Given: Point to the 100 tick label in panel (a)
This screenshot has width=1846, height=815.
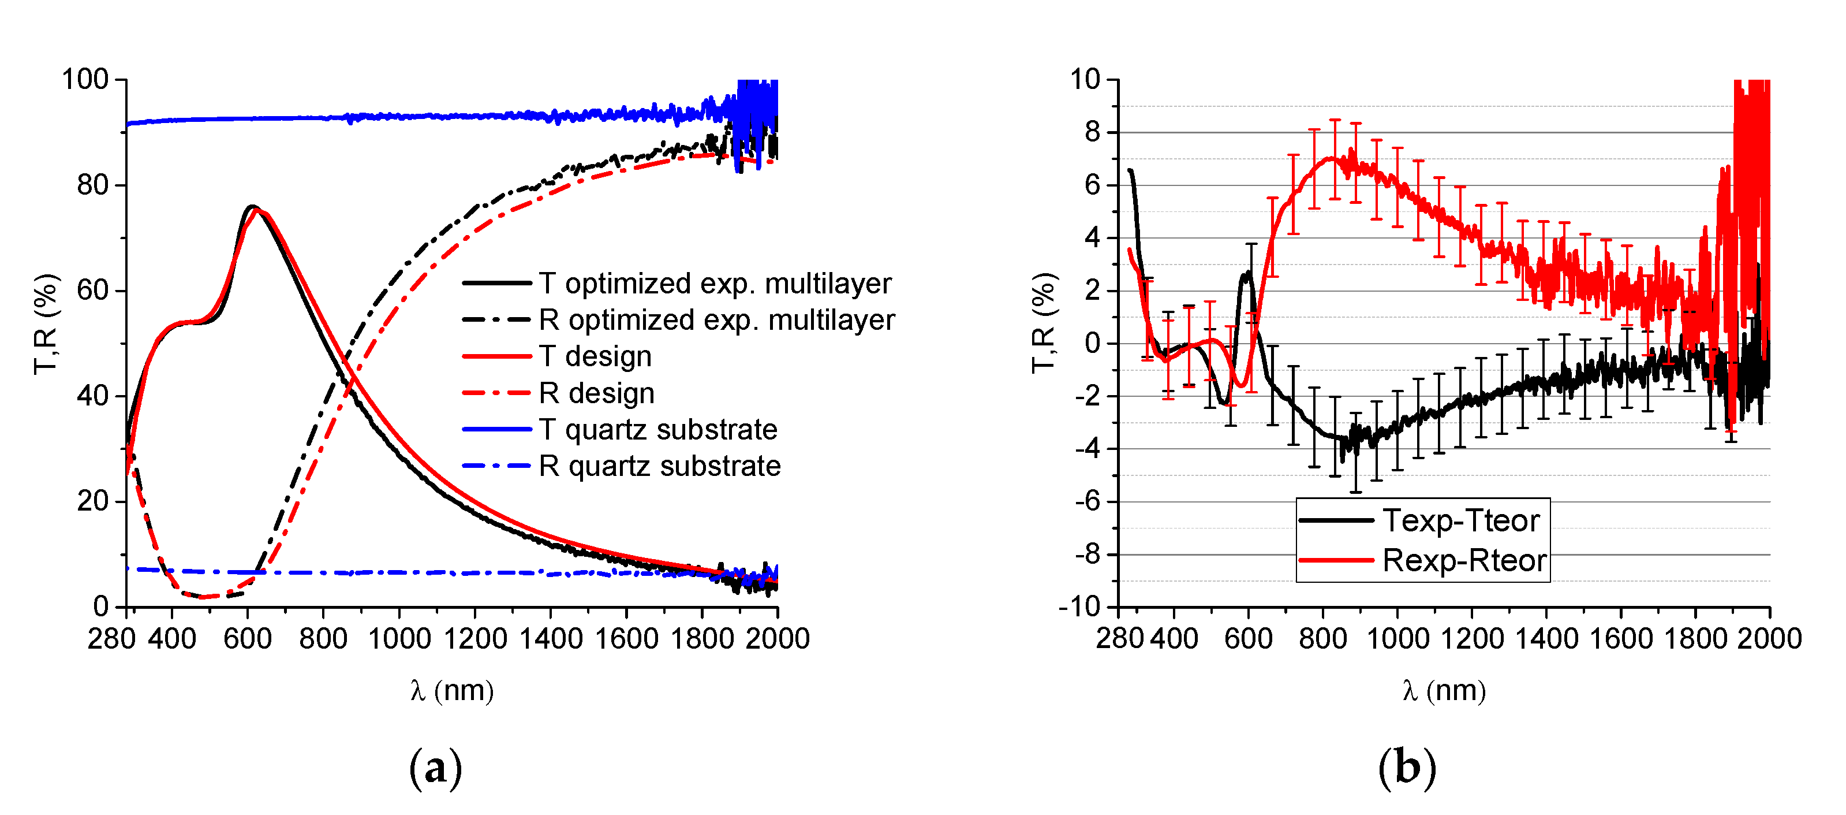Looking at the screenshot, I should [x=84, y=80].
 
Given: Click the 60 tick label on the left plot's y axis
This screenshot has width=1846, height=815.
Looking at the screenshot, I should [x=92, y=291].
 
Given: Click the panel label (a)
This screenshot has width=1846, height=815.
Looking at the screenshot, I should [x=435, y=768].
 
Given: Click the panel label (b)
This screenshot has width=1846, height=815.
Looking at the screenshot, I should [x=1407, y=768].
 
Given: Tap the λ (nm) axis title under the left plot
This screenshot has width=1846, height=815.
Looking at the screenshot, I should [x=452, y=691].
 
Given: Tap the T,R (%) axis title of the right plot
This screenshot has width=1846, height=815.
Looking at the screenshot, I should [x=1044, y=322].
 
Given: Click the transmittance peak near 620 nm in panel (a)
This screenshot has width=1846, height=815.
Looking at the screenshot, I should [x=252, y=207].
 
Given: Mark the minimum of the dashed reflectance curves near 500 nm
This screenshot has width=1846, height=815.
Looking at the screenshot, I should [x=204, y=596].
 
